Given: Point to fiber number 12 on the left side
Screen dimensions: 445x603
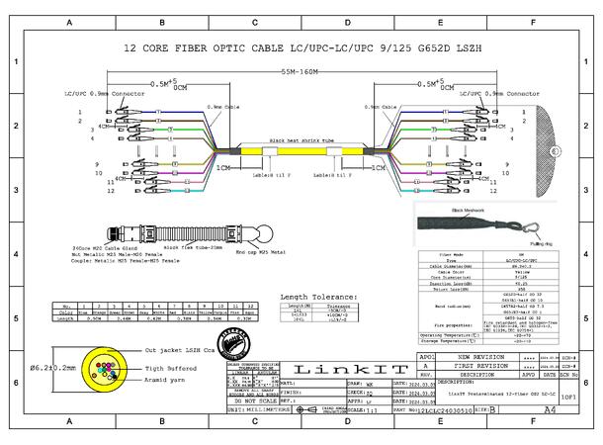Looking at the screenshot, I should click(110, 191).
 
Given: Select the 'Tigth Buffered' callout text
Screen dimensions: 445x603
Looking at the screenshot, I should click(168, 368).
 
